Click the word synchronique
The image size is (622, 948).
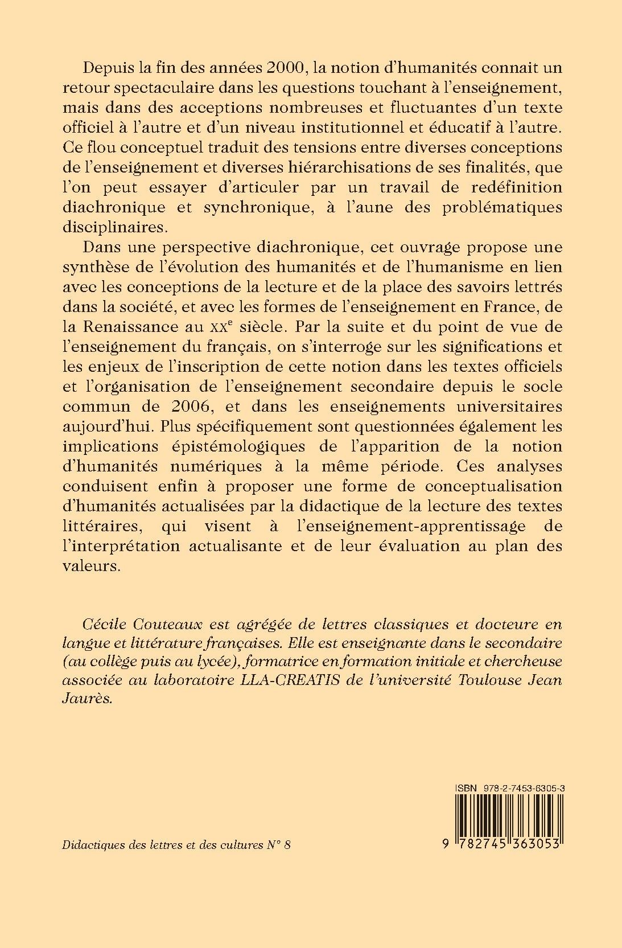[250, 207]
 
